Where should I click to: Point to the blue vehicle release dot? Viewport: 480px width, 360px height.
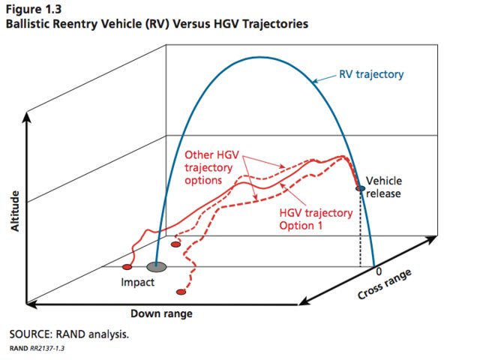point(361,188)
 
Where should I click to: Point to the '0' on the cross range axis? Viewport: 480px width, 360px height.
point(379,270)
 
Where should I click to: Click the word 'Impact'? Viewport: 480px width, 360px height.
point(138,283)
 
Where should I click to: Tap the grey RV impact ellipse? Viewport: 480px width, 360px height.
point(157,266)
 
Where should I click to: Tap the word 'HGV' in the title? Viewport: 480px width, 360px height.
point(193,24)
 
